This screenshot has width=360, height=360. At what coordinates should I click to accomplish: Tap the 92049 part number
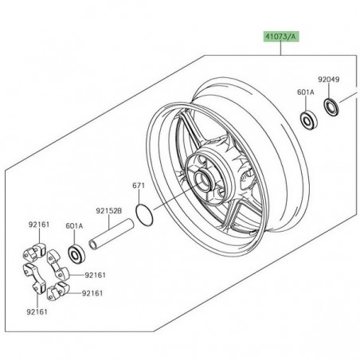(328, 80)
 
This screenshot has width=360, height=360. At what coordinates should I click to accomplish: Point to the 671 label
(139, 186)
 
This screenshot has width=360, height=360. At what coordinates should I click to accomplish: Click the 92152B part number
(109, 212)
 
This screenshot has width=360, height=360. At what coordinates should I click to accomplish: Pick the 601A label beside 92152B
(74, 225)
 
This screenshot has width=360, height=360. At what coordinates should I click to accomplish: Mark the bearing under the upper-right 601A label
(307, 120)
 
